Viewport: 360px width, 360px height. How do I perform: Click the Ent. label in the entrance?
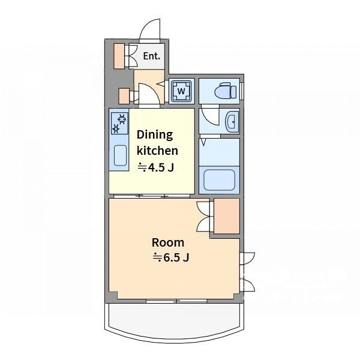coord(152,56)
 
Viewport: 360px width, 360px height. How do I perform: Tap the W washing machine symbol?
coord(181,91)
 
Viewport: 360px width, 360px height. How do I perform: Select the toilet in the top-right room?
coord(225,91)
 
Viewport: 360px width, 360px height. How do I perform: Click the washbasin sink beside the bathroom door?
coord(233,122)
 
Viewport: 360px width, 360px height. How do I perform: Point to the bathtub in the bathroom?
coord(219,180)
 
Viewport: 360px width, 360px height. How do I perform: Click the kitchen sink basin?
coord(121,155)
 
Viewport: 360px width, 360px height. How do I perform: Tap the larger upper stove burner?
coord(122,119)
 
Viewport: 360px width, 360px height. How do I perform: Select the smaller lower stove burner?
coord(116,129)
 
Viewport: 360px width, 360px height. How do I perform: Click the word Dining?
coord(155,134)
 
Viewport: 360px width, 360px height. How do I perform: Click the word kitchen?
coord(157,151)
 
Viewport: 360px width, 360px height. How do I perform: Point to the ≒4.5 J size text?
coord(155,167)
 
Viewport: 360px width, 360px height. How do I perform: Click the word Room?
coord(168,242)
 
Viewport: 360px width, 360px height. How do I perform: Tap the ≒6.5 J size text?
coord(171,257)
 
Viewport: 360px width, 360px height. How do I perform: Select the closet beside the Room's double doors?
coord(227,216)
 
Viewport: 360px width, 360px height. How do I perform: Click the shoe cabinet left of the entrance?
coord(119,56)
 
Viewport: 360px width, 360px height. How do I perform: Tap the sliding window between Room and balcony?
coord(176,301)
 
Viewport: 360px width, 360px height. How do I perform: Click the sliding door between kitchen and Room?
coord(152,196)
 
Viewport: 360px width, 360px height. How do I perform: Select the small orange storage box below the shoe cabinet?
coord(124,96)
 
